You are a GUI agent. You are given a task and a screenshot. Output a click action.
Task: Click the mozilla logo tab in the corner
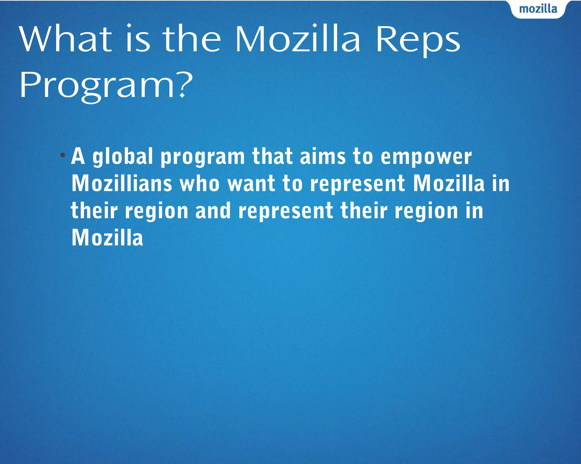pyautogui.click(x=538, y=9)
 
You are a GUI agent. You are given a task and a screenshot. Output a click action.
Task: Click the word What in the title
pyautogui.click(x=66, y=39)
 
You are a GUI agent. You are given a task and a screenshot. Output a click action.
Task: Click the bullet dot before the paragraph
pyautogui.click(x=63, y=155)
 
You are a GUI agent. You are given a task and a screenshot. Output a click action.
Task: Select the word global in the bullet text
pyautogui.click(x=123, y=157)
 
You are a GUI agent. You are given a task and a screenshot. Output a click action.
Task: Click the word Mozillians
pyautogui.click(x=122, y=183)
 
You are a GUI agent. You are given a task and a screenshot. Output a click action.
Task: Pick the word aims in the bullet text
pyautogui.click(x=323, y=156)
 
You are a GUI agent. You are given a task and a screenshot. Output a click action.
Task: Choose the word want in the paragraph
pyautogui.click(x=251, y=183)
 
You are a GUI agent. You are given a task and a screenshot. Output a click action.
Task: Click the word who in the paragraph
pyautogui.click(x=200, y=183)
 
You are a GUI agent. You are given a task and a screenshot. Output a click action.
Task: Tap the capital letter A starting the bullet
pyautogui.click(x=78, y=156)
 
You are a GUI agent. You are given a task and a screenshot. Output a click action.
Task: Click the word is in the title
pyautogui.click(x=138, y=39)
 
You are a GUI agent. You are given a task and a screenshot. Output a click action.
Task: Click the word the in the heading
pyautogui.click(x=192, y=39)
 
